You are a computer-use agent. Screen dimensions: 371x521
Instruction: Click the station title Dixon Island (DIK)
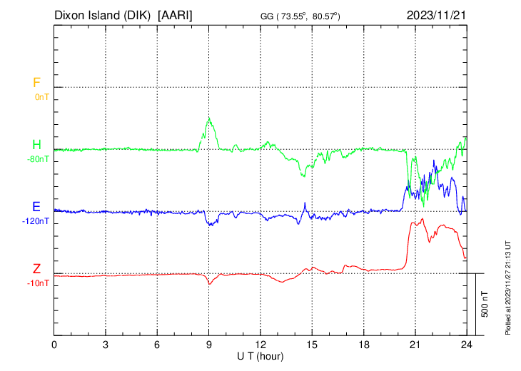(103, 15)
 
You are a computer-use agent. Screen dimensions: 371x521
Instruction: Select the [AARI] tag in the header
(176, 15)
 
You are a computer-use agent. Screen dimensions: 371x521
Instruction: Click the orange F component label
(36, 83)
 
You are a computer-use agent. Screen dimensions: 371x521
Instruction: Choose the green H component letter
(36, 146)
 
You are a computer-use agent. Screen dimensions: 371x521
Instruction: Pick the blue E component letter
(36, 207)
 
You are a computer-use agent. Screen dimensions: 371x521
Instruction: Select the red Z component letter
(36, 269)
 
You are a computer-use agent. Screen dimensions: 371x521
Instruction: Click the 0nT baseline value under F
(41, 96)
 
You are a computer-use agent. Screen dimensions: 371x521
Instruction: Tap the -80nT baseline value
(38, 159)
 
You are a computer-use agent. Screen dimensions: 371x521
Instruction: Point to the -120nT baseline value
(36, 221)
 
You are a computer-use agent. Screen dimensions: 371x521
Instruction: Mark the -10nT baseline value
(39, 283)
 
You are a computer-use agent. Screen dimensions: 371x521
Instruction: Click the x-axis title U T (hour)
(260, 355)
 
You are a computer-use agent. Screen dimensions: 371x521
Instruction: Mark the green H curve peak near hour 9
(209, 118)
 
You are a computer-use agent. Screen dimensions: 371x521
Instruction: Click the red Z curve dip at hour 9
(209, 283)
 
